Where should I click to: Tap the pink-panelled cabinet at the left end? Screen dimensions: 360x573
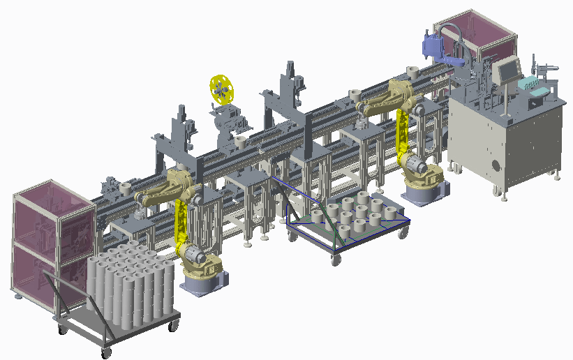point(52,241)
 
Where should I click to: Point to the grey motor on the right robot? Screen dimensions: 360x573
point(416,165)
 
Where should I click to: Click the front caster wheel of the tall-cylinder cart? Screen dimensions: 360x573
point(105,353)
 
